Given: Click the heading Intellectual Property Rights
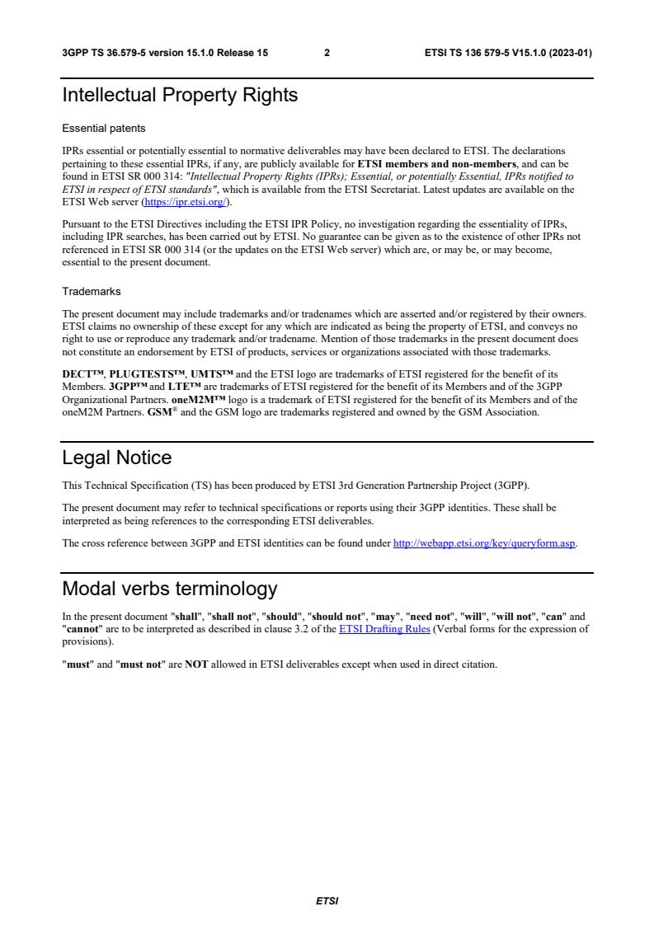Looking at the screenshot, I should [x=180, y=96].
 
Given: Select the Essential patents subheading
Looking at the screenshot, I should [x=104, y=129].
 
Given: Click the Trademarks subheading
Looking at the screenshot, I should [x=92, y=291].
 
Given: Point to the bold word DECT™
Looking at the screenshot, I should [x=83, y=373].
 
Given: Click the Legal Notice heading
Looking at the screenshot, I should [x=117, y=458].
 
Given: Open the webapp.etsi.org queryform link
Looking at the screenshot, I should [x=484, y=542].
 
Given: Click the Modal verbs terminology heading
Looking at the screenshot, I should [x=170, y=589].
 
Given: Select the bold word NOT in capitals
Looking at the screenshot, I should [x=196, y=664].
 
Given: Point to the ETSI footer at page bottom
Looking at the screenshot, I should [x=327, y=901].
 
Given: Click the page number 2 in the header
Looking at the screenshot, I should [x=327, y=53].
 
